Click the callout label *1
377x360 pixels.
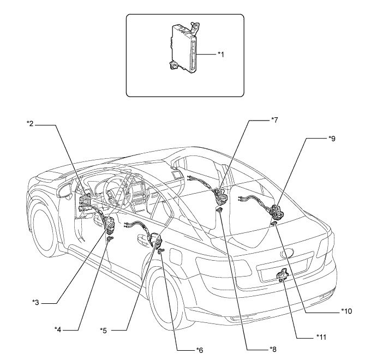click(x=221, y=55)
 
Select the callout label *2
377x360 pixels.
click(x=29, y=124)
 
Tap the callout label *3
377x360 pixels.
click(x=36, y=302)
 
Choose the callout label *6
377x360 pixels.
click(x=200, y=350)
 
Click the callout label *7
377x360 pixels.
click(x=274, y=119)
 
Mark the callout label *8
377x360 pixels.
click(x=273, y=349)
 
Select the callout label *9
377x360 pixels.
click(x=332, y=139)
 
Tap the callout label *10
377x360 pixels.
click(x=346, y=311)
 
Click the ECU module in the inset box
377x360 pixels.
click(x=184, y=48)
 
